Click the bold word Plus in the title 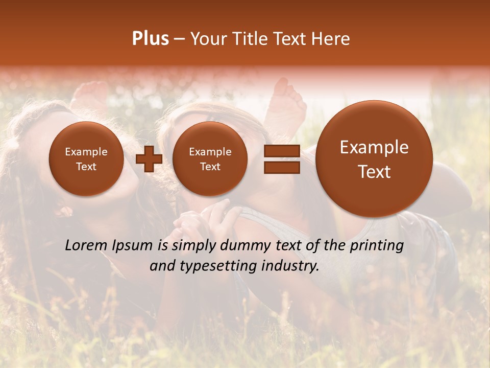tap(150, 39)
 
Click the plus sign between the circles tap(149, 159)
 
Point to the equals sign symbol tap(282, 159)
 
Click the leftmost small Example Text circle tap(86, 159)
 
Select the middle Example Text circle tap(210, 159)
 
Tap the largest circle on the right tap(374, 159)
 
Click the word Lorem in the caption tap(87, 245)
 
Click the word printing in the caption tap(377, 246)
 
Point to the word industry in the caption tap(291, 266)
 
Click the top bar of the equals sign tap(282, 151)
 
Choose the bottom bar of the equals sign tap(282, 167)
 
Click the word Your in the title tap(209, 39)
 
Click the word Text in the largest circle tap(374, 172)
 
